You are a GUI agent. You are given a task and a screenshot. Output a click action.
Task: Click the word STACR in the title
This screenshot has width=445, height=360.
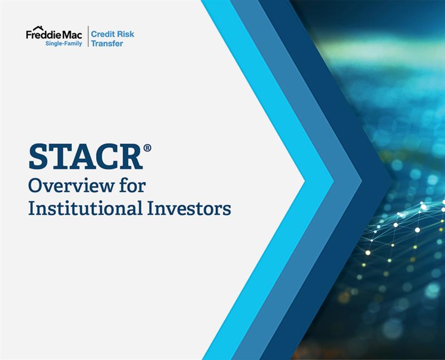(86, 157)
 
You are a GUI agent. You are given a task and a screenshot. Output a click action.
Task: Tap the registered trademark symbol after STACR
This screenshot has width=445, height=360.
(147, 148)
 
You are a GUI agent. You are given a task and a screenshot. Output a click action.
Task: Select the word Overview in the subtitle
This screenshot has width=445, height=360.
(71, 186)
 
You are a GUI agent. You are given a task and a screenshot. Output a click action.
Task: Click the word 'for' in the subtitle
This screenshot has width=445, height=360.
(132, 185)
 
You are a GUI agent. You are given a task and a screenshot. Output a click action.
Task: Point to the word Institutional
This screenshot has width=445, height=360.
(85, 208)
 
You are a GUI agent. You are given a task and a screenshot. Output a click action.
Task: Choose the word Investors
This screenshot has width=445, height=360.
(189, 208)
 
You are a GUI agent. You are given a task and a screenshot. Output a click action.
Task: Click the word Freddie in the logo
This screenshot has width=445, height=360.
(44, 35)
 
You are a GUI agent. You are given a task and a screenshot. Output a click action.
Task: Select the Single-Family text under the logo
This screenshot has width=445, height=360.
(63, 43)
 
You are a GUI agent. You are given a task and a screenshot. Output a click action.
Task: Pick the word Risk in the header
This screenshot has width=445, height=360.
(125, 34)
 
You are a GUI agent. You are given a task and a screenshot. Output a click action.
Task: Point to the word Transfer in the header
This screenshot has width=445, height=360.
(107, 43)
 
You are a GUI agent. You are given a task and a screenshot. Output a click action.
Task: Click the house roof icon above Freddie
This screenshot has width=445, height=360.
(38, 28)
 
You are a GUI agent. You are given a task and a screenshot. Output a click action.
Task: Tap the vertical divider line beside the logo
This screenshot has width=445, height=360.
(88, 36)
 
